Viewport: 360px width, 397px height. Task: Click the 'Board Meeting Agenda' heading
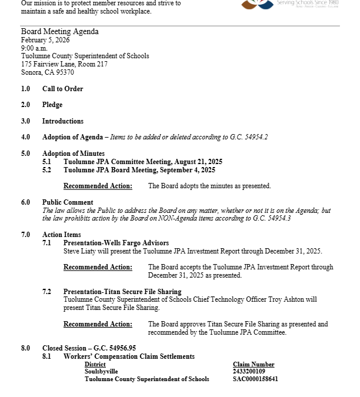click(x=59, y=32)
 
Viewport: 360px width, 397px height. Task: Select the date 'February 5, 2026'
click(x=45, y=40)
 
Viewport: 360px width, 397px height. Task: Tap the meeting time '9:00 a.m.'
click(x=34, y=48)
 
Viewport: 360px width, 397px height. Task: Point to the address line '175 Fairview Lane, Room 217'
click(x=64, y=64)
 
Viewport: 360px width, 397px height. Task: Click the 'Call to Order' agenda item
click(x=62, y=89)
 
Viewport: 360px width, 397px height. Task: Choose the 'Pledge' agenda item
click(x=52, y=105)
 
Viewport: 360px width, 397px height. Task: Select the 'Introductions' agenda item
click(x=62, y=121)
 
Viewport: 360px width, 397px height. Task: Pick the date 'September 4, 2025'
click(x=186, y=170)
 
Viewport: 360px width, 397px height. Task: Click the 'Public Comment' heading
click(x=67, y=202)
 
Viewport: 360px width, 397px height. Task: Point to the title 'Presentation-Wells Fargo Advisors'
click(x=116, y=243)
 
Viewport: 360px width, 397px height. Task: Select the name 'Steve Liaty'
click(x=79, y=251)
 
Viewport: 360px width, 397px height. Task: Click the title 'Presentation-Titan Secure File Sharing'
click(x=122, y=292)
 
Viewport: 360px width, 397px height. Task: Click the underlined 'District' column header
click(x=95, y=365)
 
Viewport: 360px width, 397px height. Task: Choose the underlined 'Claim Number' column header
click(x=254, y=365)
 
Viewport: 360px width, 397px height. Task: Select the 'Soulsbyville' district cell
click(x=101, y=372)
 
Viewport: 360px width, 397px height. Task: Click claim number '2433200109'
click(x=249, y=372)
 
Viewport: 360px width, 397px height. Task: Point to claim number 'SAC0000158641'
click(x=255, y=379)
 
